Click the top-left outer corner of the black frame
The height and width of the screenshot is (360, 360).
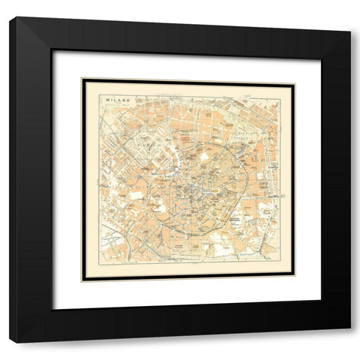[x=10, y=18]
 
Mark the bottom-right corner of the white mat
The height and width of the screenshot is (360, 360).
[x=321, y=308]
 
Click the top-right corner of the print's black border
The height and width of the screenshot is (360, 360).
[x=295, y=79]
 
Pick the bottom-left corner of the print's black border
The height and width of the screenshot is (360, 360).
[x=81, y=281]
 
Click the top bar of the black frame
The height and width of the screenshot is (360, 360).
[x=180, y=34]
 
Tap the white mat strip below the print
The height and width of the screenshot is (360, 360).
[x=187, y=295]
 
